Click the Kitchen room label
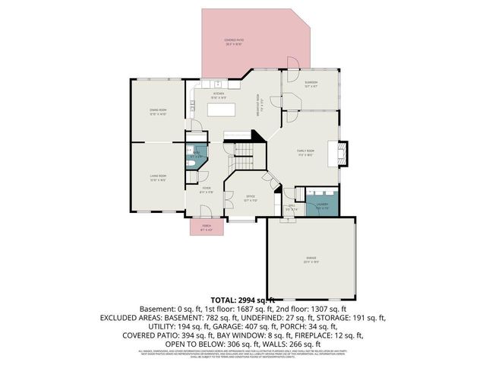pyautogui.click(x=218, y=95)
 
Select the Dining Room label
pyautogui.click(x=158, y=112)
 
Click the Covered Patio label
pyautogui.click(x=234, y=41)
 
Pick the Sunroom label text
pyautogui.click(x=311, y=84)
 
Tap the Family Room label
pyautogui.click(x=305, y=152)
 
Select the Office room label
pyautogui.click(x=250, y=198)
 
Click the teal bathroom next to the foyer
pyautogui.click(x=196, y=155)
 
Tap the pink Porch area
pyautogui.click(x=206, y=227)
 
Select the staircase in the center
pyautogui.click(x=243, y=157)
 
